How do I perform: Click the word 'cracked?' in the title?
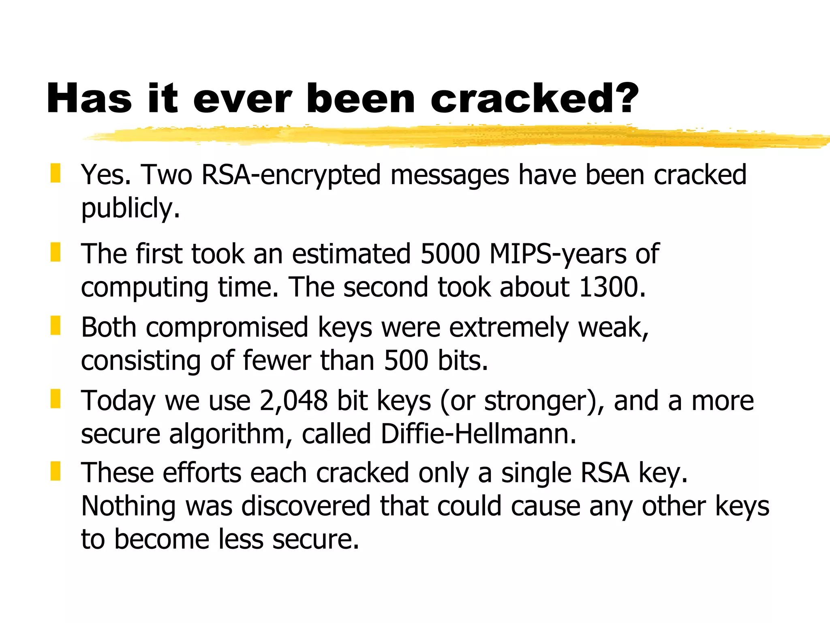pos(534,99)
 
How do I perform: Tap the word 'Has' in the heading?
pos(89,99)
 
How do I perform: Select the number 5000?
pos(450,254)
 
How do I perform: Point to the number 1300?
pos(612,287)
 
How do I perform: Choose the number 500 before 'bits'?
pos(406,361)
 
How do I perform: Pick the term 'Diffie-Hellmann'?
pos(478,434)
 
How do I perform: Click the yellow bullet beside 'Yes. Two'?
pos(56,173)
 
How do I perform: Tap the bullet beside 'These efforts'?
pos(56,471)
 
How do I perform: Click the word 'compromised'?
pos(227,328)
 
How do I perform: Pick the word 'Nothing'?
pos(128,507)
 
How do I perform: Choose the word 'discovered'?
pos(306,506)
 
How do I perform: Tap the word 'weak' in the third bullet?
pos(612,327)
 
